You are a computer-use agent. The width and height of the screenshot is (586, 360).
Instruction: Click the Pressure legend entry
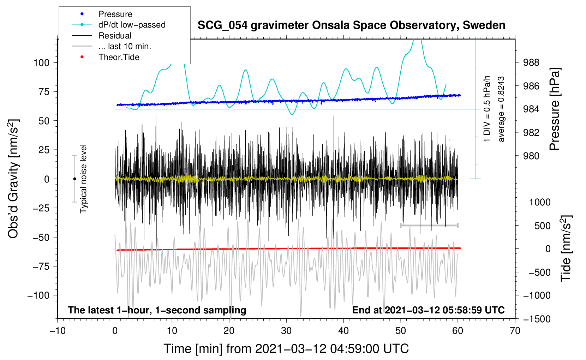point(102,14)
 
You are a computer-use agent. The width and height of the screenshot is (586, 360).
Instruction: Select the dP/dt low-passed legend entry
point(119,25)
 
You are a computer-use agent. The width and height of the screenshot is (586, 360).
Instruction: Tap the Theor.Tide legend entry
point(106,57)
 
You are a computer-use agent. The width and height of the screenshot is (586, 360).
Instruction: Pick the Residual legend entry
point(102,36)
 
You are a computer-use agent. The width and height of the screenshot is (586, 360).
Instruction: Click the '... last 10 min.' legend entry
point(112,46)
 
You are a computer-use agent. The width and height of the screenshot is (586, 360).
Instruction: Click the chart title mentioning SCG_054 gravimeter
point(351,25)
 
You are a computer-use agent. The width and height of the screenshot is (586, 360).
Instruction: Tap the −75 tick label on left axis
point(41,266)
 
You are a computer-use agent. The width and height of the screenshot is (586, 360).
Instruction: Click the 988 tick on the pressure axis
point(531,62)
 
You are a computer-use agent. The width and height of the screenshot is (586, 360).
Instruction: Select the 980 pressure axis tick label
point(531,156)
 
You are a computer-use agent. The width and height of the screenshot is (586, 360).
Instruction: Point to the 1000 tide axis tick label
point(540,202)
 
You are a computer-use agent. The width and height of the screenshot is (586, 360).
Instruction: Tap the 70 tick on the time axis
point(515,331)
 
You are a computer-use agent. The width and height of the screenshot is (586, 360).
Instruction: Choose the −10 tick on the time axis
point(58,331)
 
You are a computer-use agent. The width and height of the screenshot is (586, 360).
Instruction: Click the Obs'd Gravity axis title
point(13,179)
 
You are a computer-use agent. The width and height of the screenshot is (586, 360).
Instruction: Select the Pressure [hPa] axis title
point(554,109)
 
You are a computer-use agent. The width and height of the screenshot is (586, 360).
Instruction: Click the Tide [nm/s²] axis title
point(566,248)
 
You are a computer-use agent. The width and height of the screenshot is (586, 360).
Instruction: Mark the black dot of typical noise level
point(74,179)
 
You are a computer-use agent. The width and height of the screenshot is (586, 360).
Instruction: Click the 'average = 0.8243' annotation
point(501,109)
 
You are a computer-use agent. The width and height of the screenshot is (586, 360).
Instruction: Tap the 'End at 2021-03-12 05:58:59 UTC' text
point(428,310)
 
